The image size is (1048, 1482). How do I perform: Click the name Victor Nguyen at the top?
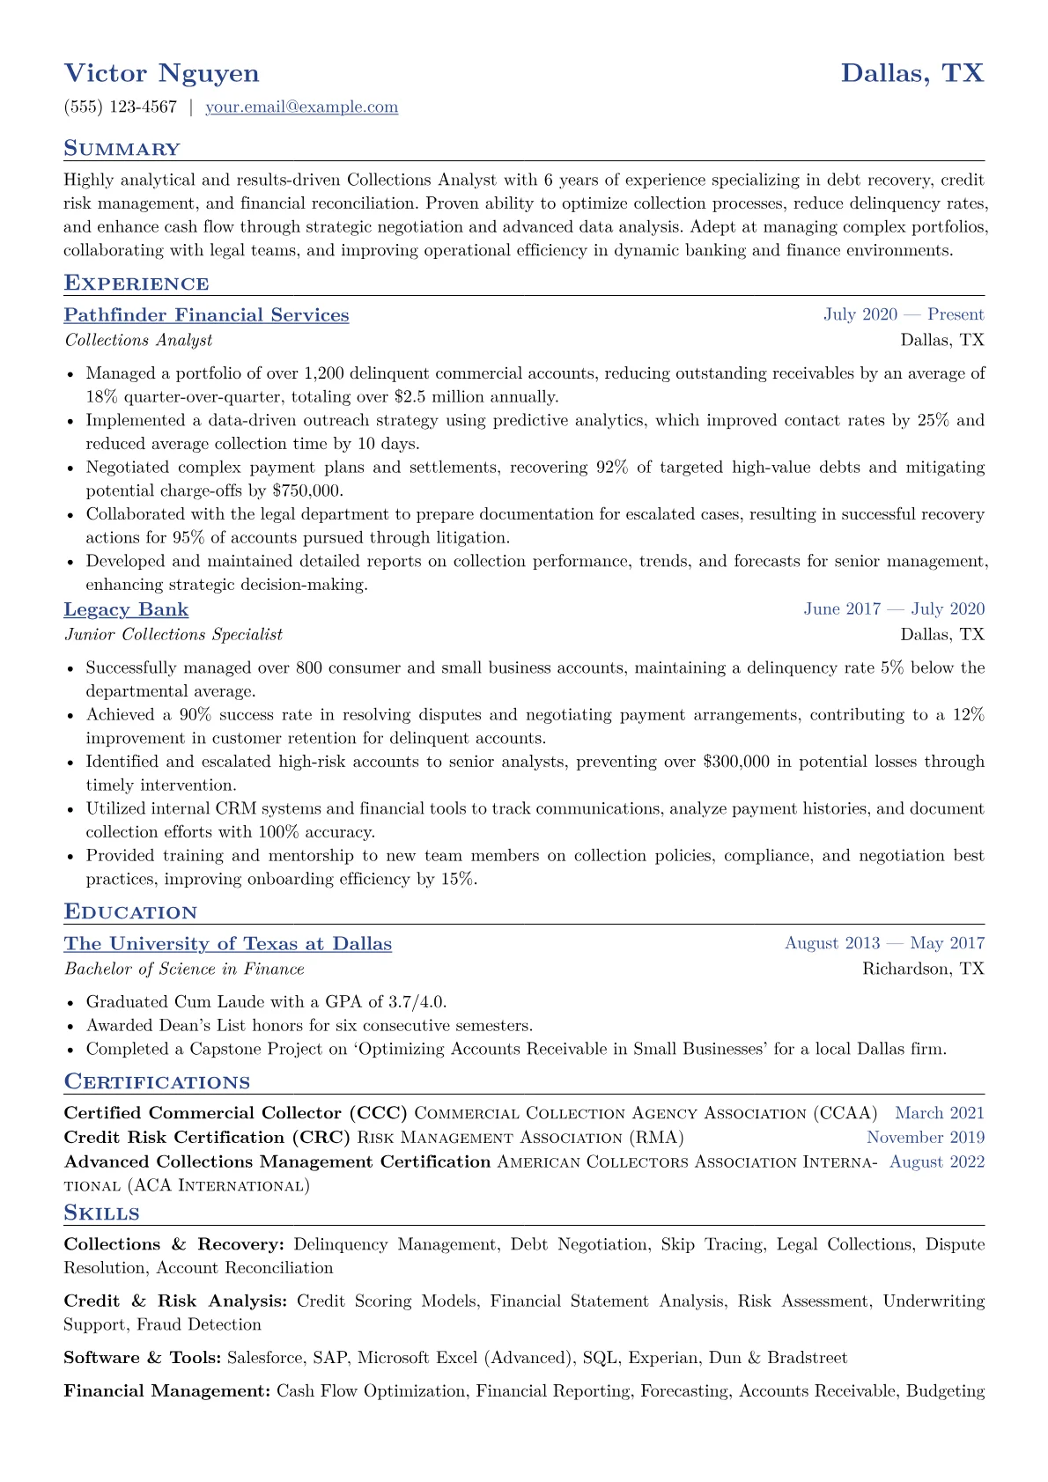click(x=161, y=73)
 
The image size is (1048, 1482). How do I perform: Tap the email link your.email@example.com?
click(x=301, y=107)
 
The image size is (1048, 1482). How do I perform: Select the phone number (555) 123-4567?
click(x=121, y=107)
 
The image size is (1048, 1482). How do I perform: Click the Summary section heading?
click(x=122, y=149)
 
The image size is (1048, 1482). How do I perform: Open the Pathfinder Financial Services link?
click(x=206, y=315)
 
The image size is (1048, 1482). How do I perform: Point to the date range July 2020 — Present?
click(x=904, y=315)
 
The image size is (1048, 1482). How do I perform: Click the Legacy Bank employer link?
click(x=126, y=609)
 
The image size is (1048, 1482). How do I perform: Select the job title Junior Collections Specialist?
click(x=173, y=634)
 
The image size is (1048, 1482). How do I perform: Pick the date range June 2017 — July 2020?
click(x=894, y=609)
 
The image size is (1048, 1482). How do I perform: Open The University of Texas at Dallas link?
click(x=227, y=944)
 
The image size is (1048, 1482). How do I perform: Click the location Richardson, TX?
click(x=923, y=969)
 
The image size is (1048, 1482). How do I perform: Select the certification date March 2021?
click(x=940, y=1113)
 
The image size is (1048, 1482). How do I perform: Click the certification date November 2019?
click(x=926, y=1138)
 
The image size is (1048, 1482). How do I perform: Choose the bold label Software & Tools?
click(x=143, y=1358)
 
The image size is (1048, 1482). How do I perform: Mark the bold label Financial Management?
click(x=167, y=1391)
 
